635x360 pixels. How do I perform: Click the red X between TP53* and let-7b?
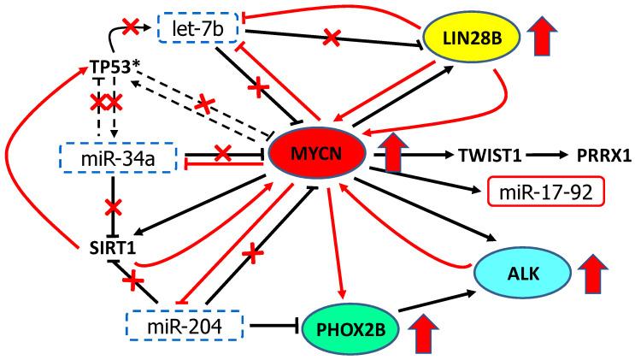point(130,27)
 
